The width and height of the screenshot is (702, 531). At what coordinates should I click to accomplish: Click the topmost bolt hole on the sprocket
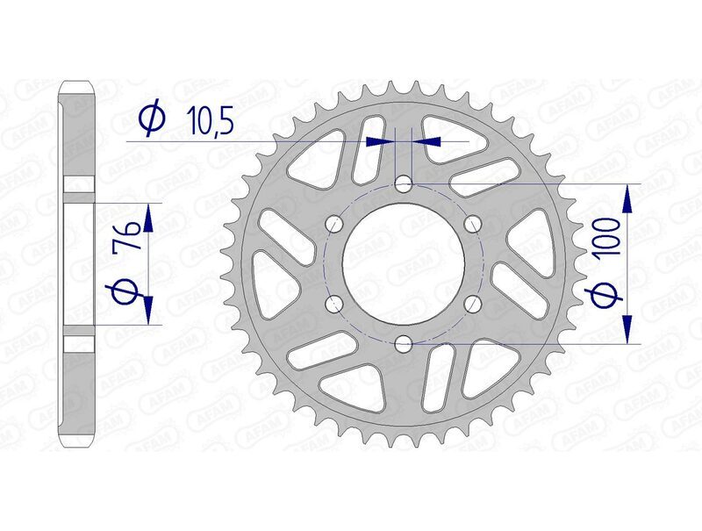(403, 184)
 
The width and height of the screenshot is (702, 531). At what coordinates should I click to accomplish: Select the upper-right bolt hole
(472, 225)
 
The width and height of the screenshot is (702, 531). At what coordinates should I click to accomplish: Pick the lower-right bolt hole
(472, 304)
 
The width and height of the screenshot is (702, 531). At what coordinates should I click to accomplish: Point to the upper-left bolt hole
(333, 225)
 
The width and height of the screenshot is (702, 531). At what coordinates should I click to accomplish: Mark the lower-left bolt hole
(333, 304)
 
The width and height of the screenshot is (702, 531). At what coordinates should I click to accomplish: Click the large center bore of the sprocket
(403, 264)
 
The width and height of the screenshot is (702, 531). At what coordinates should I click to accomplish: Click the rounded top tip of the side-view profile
(79, 83)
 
